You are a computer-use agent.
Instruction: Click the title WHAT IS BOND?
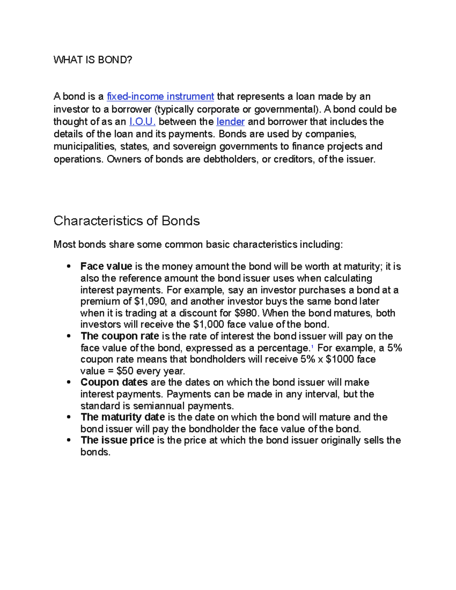point(93,60)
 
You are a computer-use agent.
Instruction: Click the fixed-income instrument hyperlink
point(160,96)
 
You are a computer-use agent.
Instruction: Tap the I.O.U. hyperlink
point(142,122)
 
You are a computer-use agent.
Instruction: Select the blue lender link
point(230,122)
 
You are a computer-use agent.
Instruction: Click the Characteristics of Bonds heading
point(127,221)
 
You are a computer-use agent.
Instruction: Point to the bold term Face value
point(106,266)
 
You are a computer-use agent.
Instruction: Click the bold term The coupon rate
point(120,336)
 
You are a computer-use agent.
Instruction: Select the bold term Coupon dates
point(114,382)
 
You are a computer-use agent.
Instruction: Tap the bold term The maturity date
point(122,417)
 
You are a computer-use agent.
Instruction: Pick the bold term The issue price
point(117,440)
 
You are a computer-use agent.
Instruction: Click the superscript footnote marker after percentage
point(312,346)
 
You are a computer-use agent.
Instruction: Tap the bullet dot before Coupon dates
point(69,383)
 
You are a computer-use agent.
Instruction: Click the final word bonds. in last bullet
point(95,452)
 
